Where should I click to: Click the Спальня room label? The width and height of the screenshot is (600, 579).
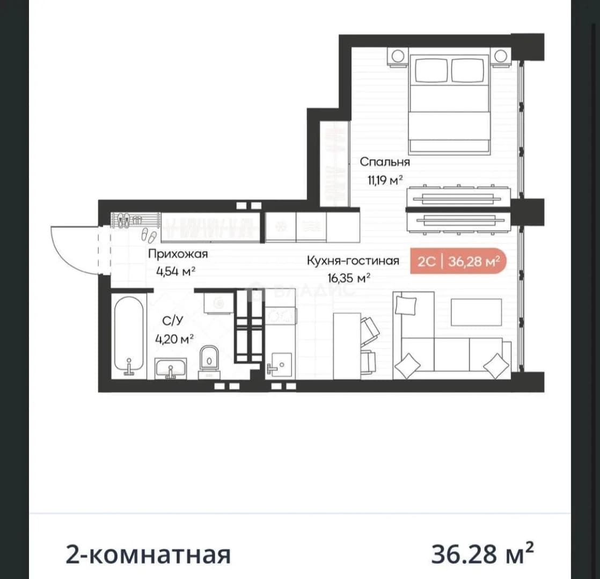[x=385, y=162]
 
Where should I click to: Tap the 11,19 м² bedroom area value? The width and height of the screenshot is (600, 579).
[x=385, y=180]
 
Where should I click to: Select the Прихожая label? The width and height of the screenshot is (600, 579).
[x=178, y=254]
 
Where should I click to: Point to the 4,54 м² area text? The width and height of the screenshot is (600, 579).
[x=175, y=272]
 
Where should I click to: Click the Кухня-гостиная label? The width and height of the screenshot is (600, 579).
[x=353, y=261]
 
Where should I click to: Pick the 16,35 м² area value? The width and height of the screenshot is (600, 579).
[x=349, y=278]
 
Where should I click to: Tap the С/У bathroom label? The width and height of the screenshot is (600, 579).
[x=173, y=321]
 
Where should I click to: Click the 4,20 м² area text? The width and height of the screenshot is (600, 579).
[x=174, y=339]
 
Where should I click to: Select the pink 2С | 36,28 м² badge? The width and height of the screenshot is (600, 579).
[x=458, y=262]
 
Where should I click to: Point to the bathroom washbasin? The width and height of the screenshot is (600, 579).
[x=170, y=368]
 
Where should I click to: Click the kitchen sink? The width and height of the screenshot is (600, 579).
[x=281, y=364]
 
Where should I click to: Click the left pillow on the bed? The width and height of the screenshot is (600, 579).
[x=431, y=70]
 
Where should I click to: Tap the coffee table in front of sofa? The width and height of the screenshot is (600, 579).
[x=476, y=312]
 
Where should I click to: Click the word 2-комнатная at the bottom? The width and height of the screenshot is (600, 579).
[x=149, y=554]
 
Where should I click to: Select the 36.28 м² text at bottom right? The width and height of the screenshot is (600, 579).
[x=482, y=553]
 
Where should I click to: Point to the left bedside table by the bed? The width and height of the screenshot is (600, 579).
[x=398, y=57]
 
